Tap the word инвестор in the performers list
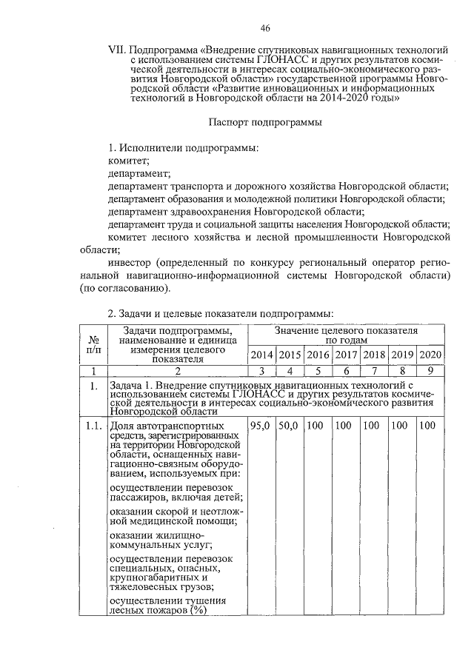click(x=130, y=262)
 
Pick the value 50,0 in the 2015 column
click(x=290, y=426)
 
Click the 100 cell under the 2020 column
click(x=428, y=426)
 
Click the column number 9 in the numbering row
click(x=430, y=370)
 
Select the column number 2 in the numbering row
click(x=178, y=370)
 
